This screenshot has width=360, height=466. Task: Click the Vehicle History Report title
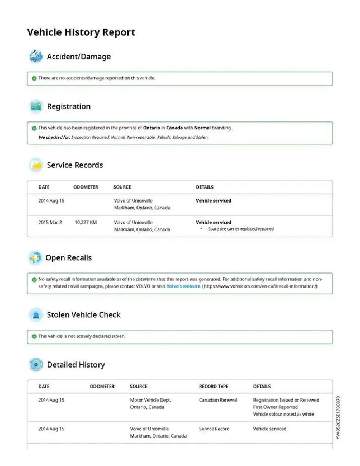click(81, 33)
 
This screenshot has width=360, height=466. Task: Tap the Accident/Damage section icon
click(35, 56)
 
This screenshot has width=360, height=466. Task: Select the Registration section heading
click(69, 107)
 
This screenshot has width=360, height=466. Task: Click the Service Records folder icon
click(36, 165)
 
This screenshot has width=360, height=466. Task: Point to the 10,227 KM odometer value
click(85, 222)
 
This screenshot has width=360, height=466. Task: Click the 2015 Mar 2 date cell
click(50, 222)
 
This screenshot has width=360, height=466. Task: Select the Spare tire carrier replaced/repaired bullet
click(240, 229)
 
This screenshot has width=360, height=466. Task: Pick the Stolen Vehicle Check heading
click(83, 315)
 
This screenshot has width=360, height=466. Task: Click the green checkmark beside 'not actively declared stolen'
click(34, 336)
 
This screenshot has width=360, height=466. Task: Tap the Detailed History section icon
click(36, 364)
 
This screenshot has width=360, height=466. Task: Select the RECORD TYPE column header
click(214, 387)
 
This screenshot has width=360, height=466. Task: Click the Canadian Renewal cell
click(218, 400)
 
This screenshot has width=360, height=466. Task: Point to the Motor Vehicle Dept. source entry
click(150, 400)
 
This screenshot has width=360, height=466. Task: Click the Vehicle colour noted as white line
click(283, 414)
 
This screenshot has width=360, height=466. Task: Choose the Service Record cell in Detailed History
click(214, 429)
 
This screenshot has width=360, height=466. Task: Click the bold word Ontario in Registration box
click(151, 128)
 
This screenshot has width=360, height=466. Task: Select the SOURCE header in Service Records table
click(122, 187)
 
